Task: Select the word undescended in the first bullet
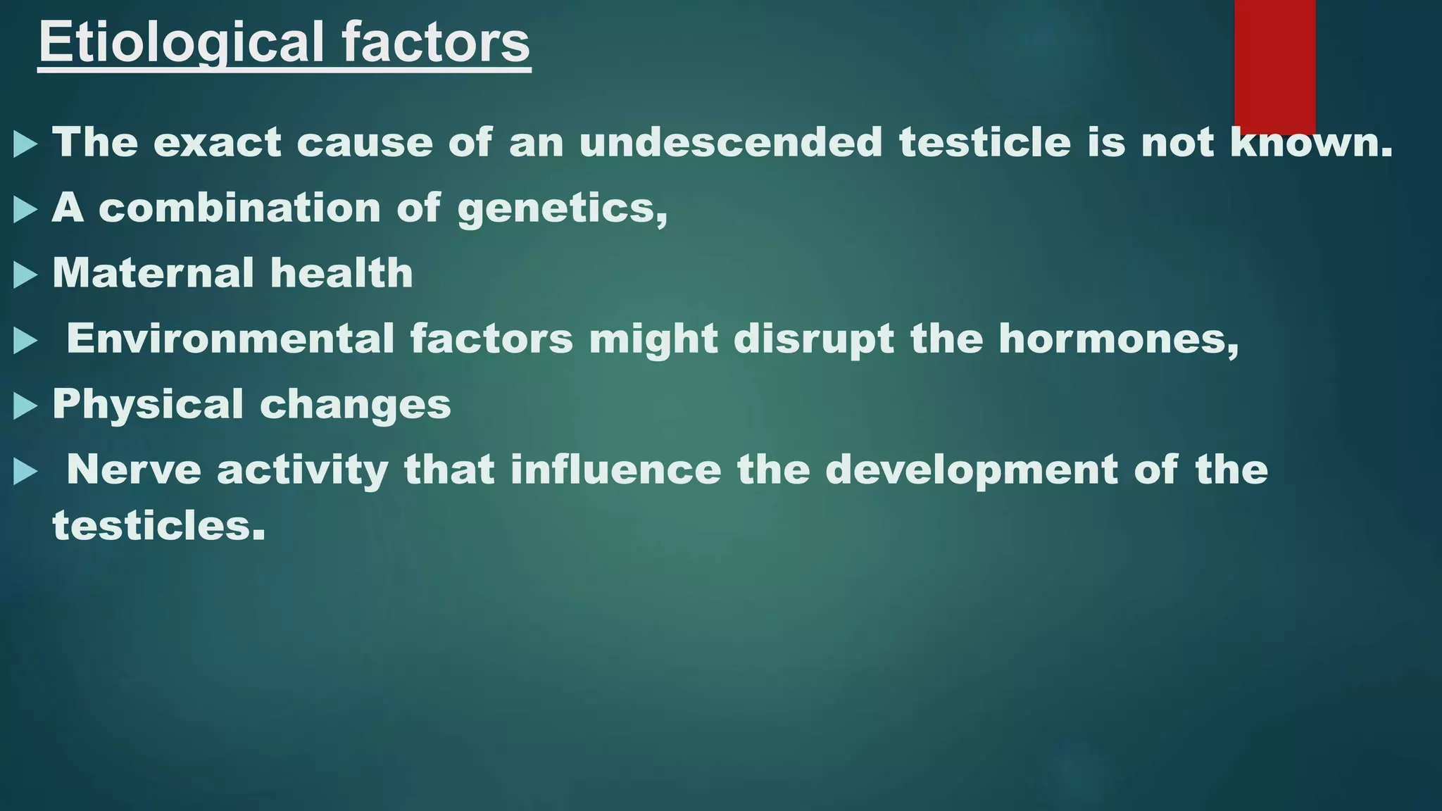pos(730,142)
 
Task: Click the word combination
pos(239,208)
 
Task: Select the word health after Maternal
pos(341,273)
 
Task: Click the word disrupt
pos(813,339)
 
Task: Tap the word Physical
pos(148,404)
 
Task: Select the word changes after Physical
pos(355,405)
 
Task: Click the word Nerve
pos(134,470)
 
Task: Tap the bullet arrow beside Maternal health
pos(25,275)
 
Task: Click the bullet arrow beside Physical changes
pos(25,406)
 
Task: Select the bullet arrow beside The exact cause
pos(25,144)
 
